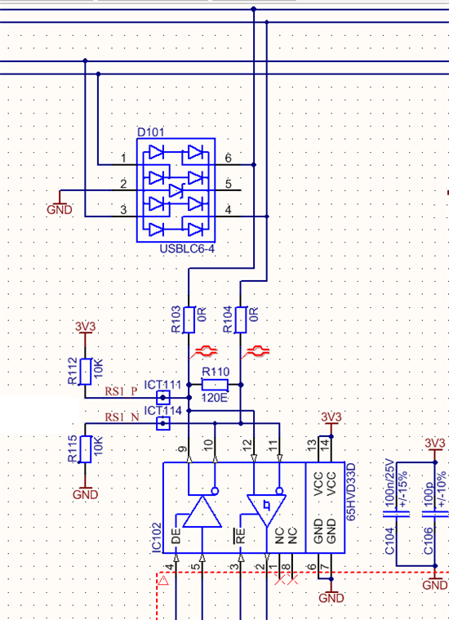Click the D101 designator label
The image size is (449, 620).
150,132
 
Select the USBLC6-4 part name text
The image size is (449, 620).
187,248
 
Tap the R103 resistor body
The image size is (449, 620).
189,319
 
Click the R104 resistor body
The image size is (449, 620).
241,319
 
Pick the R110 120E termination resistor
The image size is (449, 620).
215,385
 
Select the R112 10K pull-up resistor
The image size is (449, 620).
86,372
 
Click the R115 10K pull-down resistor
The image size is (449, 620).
86,449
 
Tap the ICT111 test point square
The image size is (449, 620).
163,397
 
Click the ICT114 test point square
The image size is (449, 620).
163,423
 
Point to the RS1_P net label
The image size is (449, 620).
122,391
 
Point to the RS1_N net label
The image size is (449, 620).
122,417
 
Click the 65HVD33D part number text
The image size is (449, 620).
351,492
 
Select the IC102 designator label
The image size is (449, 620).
157,537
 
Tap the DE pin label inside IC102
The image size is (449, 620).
176,536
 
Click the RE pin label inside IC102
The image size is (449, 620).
241,536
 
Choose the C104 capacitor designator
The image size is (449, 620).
389,541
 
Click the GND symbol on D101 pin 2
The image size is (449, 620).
60,203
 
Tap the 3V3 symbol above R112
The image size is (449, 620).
86,329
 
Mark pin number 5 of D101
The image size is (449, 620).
229,184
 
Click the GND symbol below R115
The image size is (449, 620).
86,491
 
